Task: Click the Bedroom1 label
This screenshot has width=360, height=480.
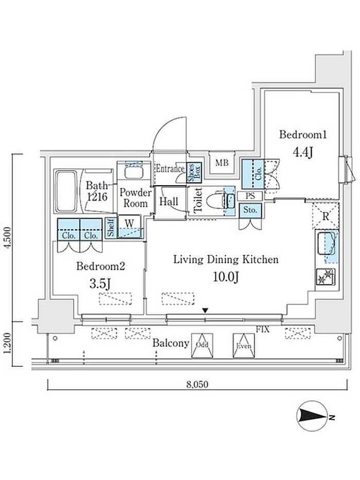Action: click(303, 135)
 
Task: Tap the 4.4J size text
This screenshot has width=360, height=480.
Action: click(303, 152)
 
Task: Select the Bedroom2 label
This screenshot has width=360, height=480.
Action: click(101, 266)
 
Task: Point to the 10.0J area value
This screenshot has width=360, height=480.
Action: click(226, 277)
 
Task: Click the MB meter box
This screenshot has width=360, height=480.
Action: click(222, 163)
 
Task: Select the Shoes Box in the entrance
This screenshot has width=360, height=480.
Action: click(194, 173)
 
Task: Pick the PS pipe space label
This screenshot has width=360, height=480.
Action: click(250, 196)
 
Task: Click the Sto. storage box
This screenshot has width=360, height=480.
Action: click(250, 210)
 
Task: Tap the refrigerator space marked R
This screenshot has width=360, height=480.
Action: click(326, 216)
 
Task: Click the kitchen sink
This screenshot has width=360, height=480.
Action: click(327, 244)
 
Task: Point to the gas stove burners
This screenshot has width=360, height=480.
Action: click(326, 276)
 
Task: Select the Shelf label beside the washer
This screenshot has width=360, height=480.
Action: click(111, 227)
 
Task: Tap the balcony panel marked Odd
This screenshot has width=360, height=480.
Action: click(202, 345)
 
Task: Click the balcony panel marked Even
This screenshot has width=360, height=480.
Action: click(244, 345)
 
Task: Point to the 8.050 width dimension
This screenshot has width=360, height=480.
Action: click(197, 384)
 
